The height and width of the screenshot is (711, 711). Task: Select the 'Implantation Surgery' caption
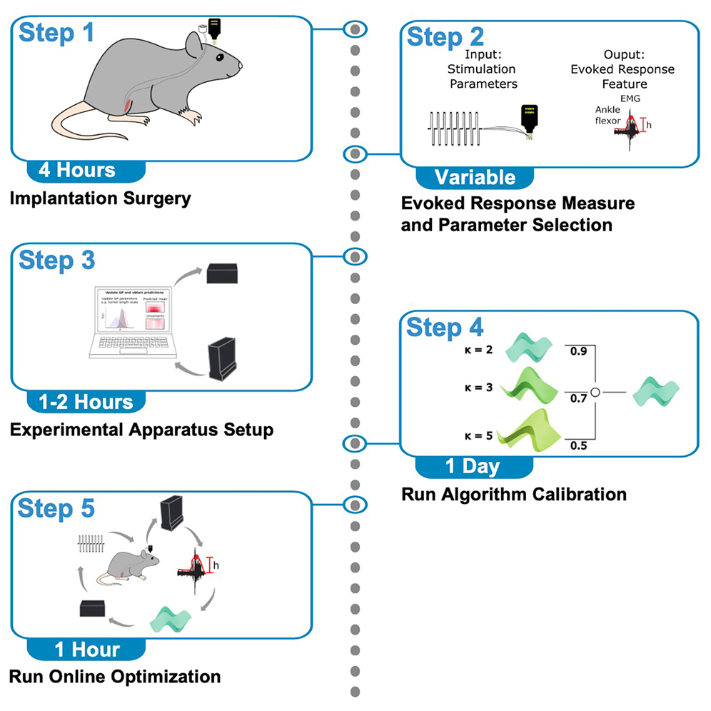point(101,198)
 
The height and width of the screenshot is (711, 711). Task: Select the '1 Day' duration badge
point(473,467)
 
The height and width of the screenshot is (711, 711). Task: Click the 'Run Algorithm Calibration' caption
point(514,493)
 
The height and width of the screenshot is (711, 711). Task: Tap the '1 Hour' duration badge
point(87,649)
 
